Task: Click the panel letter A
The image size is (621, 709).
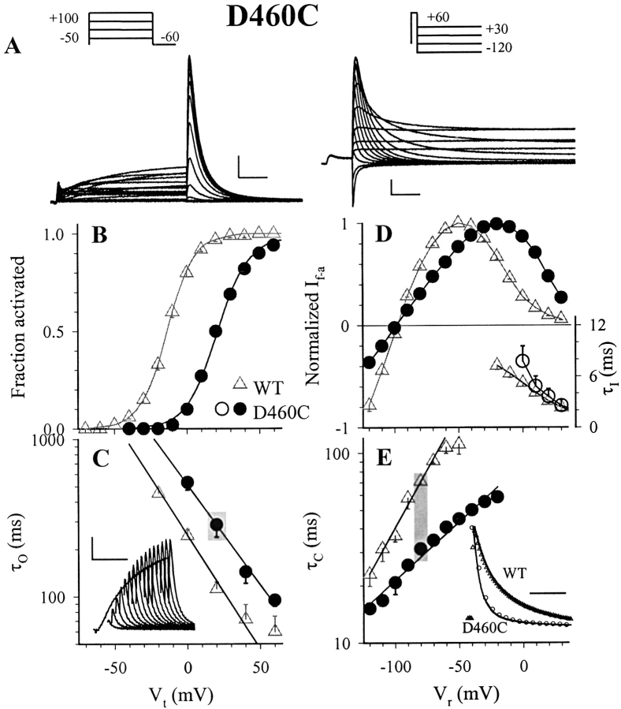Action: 13,47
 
